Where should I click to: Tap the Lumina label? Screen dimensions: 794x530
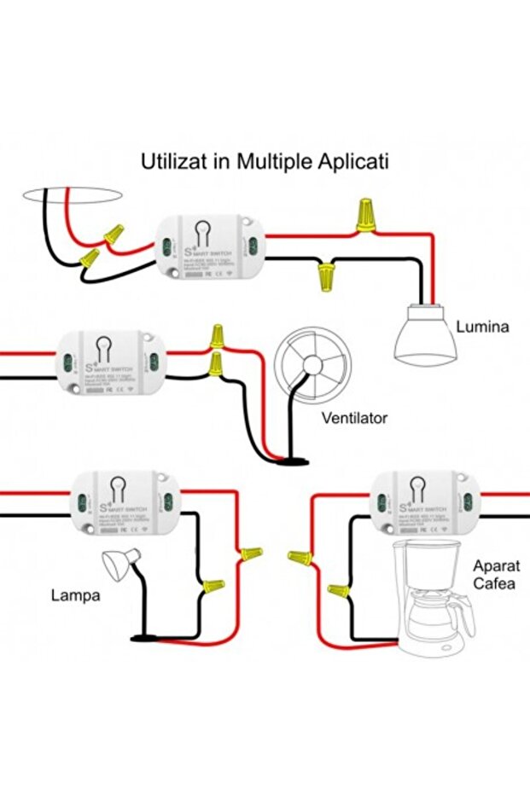pos(482,327)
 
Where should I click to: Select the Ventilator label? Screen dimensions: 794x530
pos(354,418)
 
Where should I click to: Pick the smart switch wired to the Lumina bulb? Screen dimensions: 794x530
pos(211,246)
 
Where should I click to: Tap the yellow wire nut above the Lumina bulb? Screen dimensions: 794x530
pos(367,215)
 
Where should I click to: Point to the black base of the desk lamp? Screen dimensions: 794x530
pos(146,637)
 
